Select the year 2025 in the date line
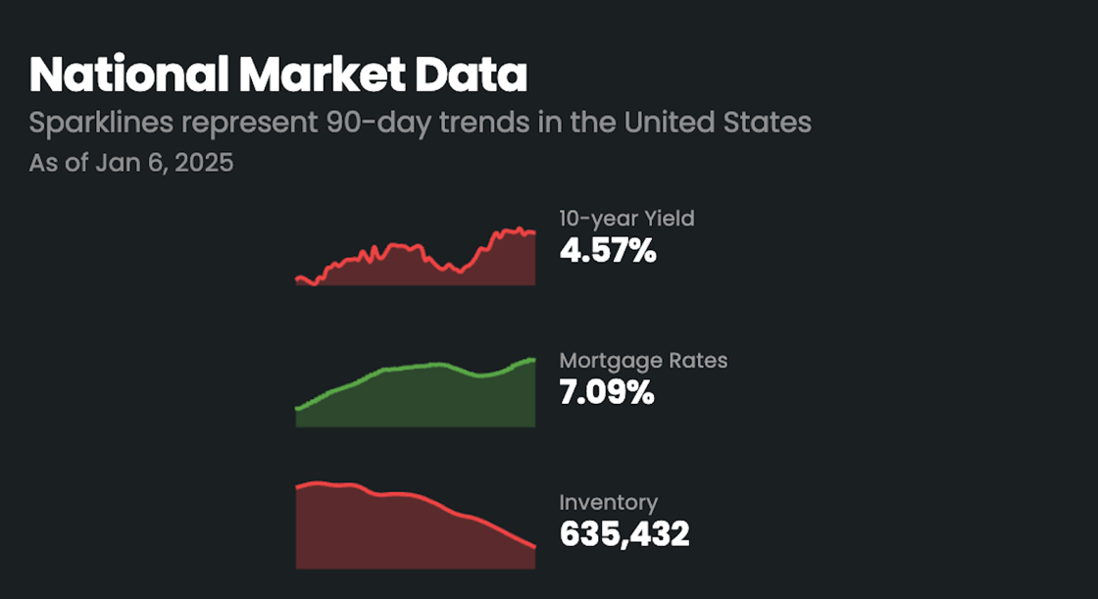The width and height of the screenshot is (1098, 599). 204,163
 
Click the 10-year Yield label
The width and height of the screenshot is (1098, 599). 626,219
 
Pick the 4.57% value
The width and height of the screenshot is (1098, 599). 607,251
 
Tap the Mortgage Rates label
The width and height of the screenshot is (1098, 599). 643,360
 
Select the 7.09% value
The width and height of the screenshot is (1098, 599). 606,393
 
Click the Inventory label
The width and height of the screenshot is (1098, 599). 608,503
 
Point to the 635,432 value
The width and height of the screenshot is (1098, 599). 624,535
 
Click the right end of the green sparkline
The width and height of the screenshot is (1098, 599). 534,359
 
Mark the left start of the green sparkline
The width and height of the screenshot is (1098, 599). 297,408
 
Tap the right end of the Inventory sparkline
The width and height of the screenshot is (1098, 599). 534,547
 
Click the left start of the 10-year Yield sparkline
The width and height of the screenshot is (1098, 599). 297,278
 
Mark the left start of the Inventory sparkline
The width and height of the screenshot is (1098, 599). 297,484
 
